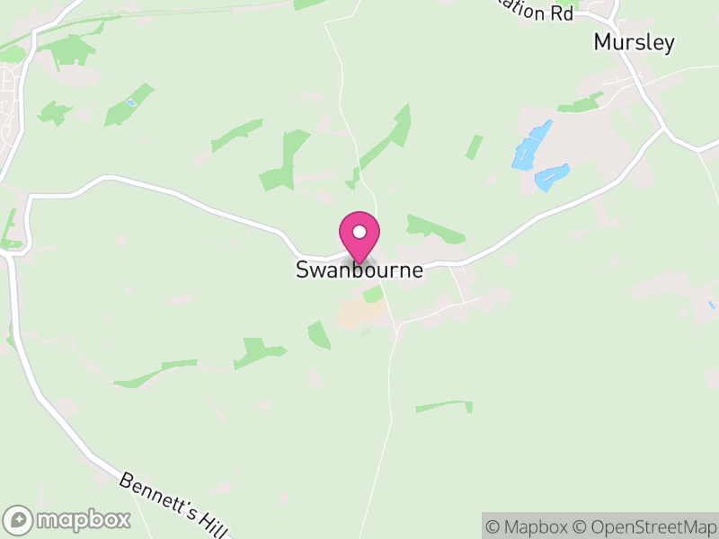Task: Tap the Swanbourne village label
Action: pos(359,270)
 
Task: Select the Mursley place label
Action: pos(634,42)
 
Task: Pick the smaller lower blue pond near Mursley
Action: pos(551,176)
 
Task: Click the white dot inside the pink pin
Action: pos(359,232)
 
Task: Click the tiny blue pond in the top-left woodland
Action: pos(131,102)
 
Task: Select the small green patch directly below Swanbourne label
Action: pos(372,294)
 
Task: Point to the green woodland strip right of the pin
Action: pos(436,228)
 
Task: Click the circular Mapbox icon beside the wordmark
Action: pos(18,519)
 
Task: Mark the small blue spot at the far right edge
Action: pos(712,305)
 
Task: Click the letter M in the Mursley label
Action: pos(602,42)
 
